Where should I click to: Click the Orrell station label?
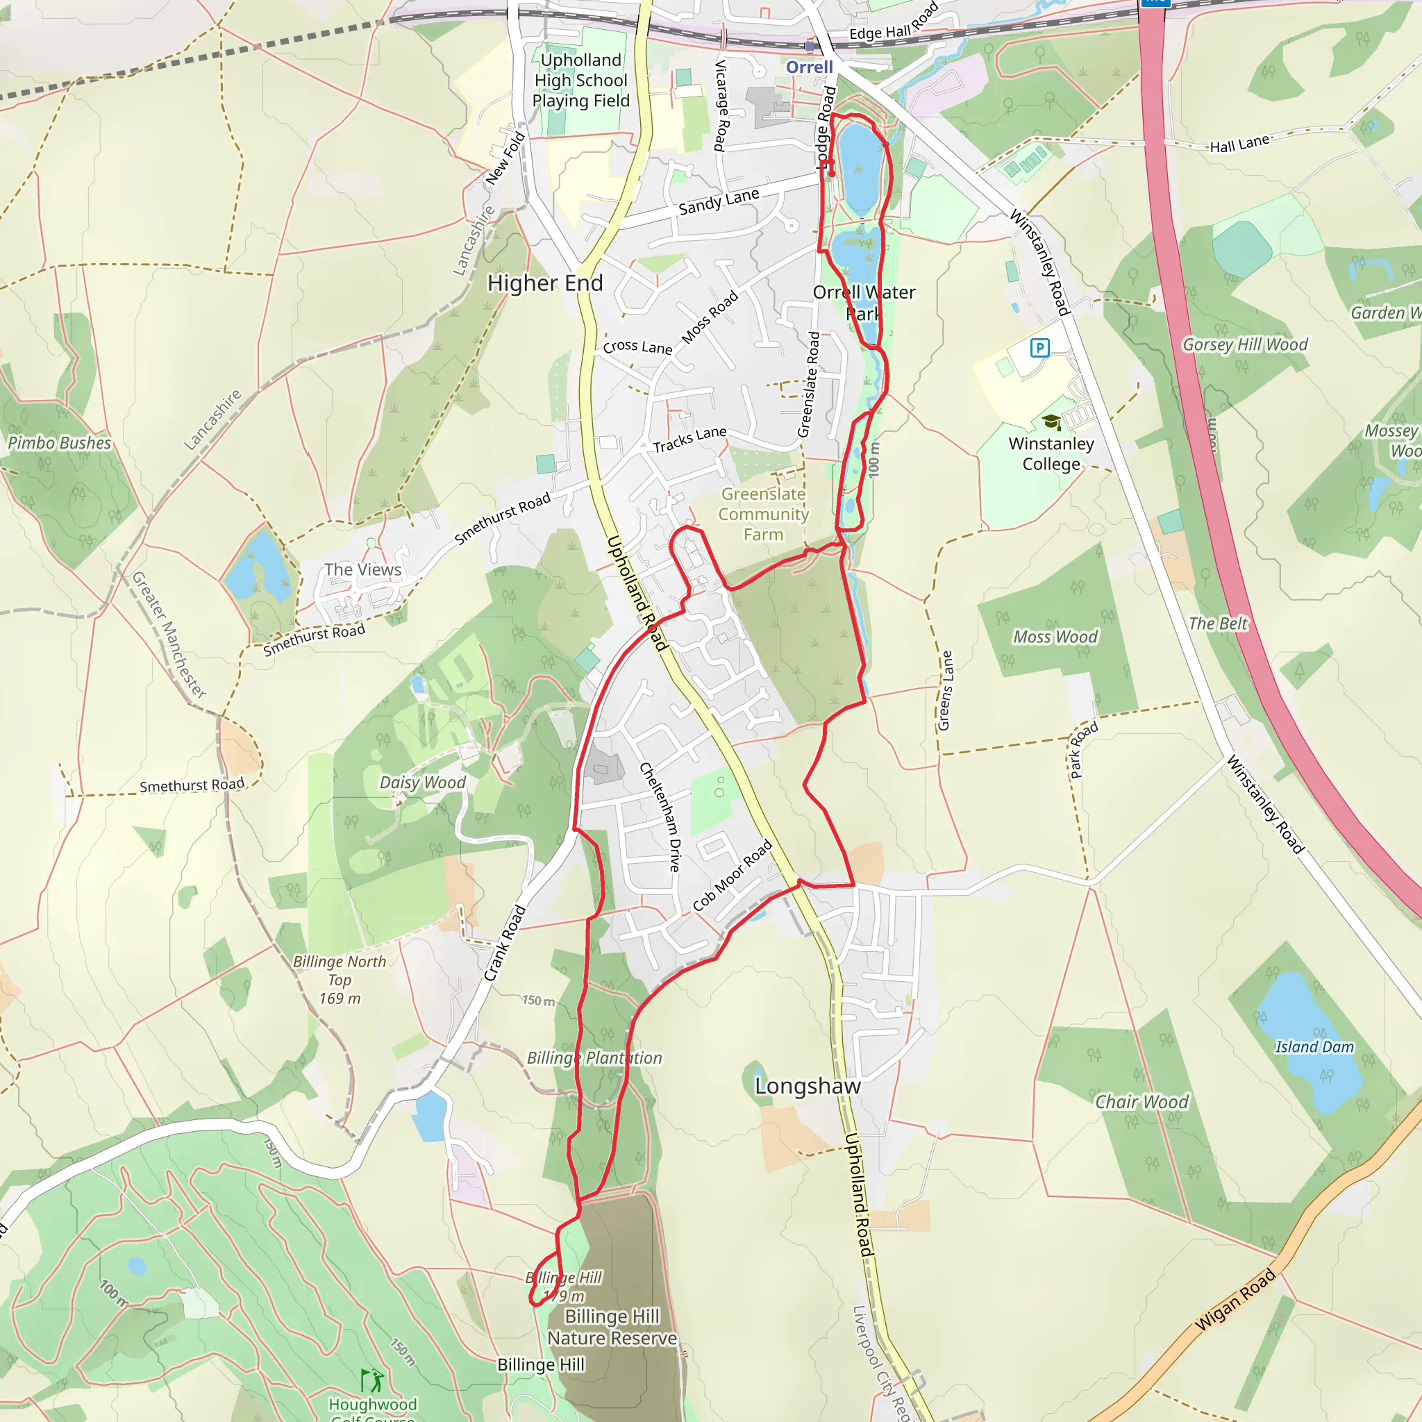click(809, 67)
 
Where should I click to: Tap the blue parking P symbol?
click(1039, 347)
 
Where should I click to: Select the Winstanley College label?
click(1051, 453)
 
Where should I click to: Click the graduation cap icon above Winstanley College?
click(1051, 421)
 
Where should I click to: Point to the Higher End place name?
click(544, 283)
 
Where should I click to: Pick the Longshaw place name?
click(808, 1087)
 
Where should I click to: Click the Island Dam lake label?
click(1314, 1046)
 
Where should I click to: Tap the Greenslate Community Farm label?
click(763, 514)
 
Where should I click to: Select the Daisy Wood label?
click(422, 783)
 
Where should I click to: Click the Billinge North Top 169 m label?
click(340, 980)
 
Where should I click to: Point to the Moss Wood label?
click(1055, 637)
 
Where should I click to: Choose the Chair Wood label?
click(1141, 1102)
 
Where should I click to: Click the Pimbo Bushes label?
click(59, 443)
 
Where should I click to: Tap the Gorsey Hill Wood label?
click(1245, 344)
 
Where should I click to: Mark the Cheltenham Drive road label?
click(660, 817)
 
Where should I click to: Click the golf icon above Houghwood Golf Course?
click(371, 1380)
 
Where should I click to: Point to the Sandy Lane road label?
click(719, 201)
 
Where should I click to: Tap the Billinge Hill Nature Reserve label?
click(612, 1327)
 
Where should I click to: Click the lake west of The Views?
click(258, 567)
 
